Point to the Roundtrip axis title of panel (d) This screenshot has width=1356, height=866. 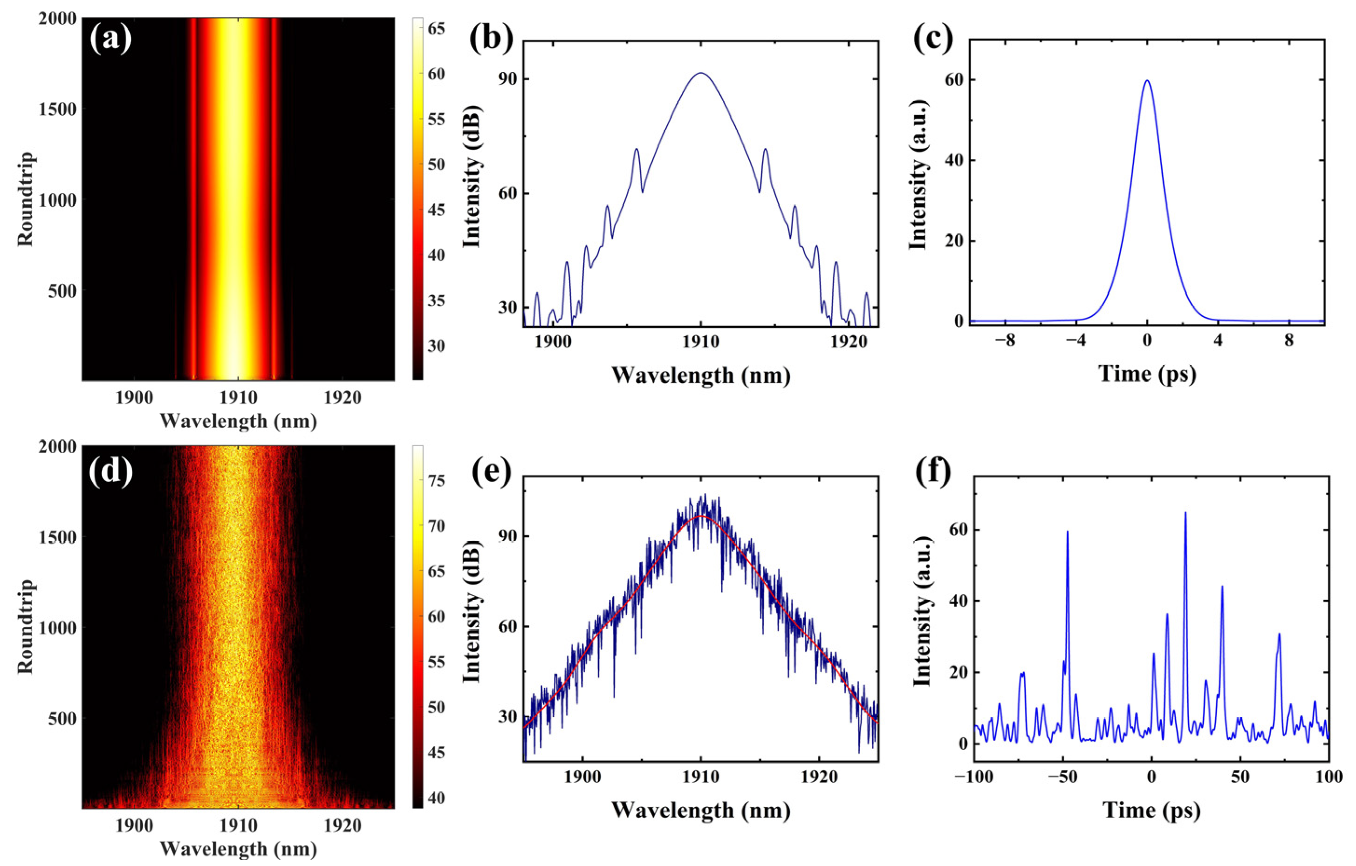[26, 626]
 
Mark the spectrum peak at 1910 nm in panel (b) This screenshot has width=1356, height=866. [700, 73]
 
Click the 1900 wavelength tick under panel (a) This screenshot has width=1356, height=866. [134, 397]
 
